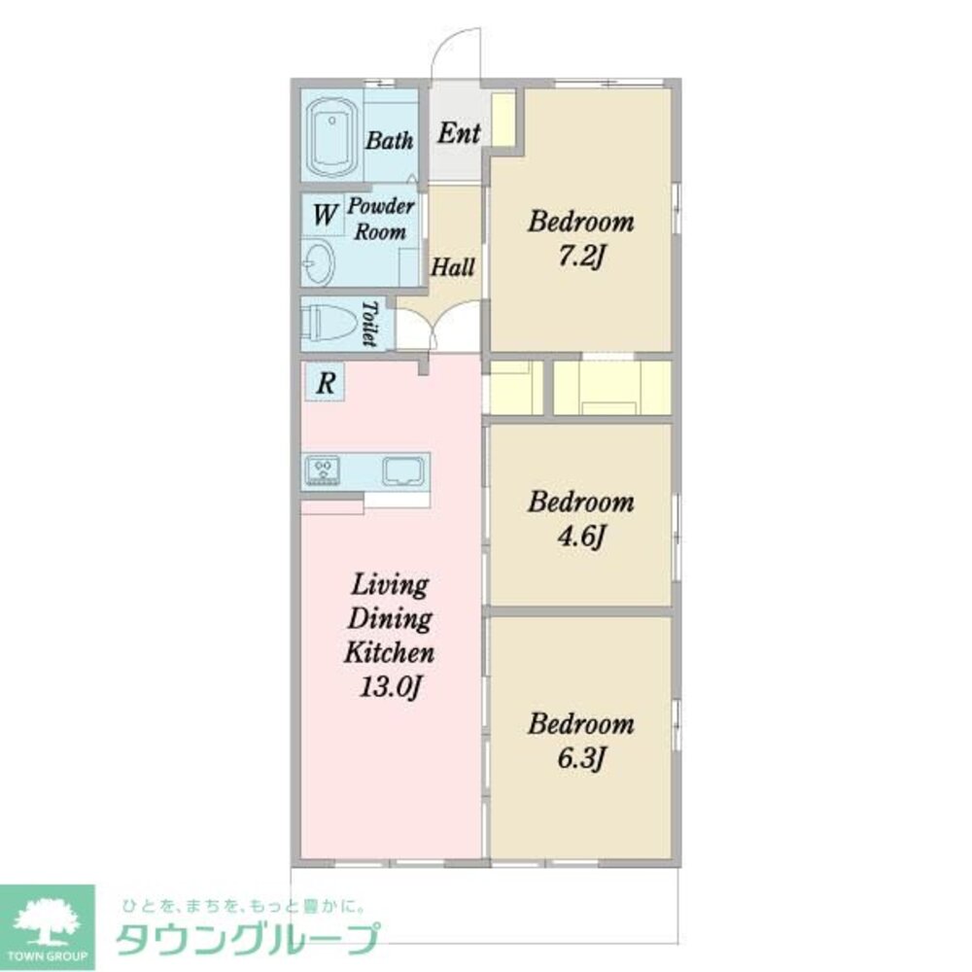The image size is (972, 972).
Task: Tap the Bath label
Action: coord(389,141)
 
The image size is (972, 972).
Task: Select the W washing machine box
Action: coord(323,212)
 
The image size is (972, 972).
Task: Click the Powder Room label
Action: coord(381,220)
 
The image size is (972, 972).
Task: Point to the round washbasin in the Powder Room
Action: coord(317,261)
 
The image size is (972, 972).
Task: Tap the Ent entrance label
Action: coord(458,133)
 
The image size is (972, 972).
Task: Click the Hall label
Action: coord(453,266)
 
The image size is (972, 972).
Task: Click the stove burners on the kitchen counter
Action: coord(324,470)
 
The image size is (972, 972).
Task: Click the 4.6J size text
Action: coord(581,537)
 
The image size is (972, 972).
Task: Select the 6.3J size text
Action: coord(581,758)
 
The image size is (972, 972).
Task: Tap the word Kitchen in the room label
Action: coord(389,653)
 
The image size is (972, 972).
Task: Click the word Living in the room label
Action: coord(389,585)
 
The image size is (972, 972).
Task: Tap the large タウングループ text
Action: coord(247,940)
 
